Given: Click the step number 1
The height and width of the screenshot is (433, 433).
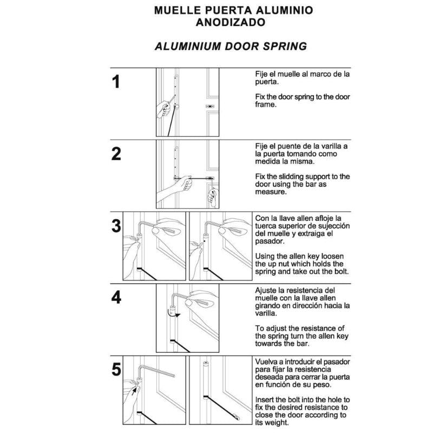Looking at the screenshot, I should tap(115, 82).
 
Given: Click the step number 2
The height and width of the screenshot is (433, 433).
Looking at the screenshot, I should tap(116, 154).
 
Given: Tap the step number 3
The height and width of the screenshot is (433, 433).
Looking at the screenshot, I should tap(116, 226).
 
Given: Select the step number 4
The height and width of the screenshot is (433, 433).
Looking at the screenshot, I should tap(116, 297).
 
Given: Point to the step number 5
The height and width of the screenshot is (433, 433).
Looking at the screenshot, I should tap(116, 370).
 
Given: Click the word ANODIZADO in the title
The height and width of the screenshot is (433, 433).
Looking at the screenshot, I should tap(231, 23).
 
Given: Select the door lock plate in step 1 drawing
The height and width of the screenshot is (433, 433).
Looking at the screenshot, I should tap(211, 107).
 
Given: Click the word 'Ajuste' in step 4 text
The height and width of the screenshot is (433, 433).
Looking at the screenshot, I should tap(267, 290).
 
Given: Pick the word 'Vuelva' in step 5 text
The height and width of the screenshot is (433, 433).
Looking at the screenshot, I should tap(268, 361).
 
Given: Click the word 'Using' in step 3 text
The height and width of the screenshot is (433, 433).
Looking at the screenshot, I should tap(266, 255).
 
